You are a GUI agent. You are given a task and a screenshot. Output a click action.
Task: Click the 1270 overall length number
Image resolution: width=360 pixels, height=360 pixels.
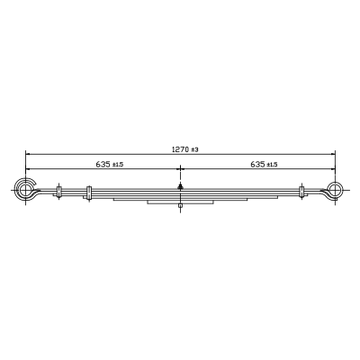180,149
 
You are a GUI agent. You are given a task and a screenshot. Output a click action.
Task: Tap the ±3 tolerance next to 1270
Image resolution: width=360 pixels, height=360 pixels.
194,149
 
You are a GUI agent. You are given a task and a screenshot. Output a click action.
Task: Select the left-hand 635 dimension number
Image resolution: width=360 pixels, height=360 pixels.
103,164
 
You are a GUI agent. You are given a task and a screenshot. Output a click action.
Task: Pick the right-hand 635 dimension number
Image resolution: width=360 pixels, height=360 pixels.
257,164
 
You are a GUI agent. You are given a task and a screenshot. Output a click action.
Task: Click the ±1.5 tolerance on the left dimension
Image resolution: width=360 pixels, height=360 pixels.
118,165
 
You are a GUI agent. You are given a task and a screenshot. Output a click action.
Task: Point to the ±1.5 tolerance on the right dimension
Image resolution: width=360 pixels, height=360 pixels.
272,165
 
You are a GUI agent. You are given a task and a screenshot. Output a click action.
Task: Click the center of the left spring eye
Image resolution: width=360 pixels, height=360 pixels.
25,190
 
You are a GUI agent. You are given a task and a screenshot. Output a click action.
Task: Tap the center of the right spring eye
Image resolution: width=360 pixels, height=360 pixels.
335,190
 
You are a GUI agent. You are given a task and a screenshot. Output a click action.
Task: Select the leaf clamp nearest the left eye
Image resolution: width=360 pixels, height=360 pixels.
58,192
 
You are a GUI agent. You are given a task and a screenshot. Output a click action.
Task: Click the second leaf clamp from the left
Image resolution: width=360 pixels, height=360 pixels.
88,193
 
